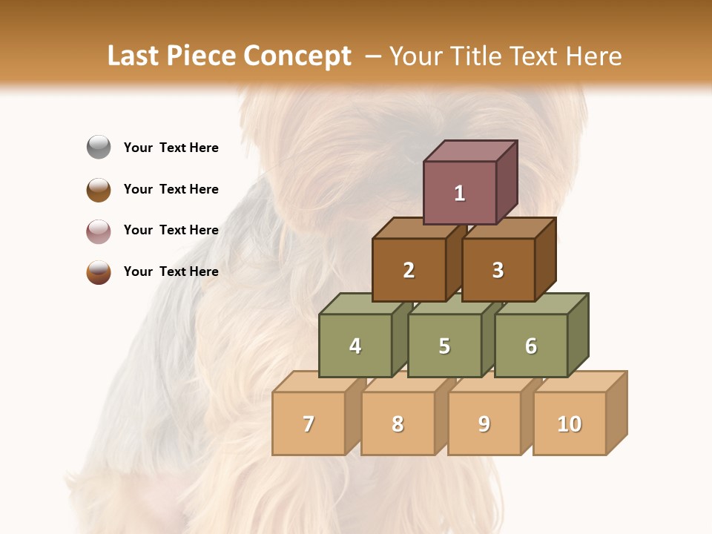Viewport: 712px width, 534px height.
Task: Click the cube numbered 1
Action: click(460, 193)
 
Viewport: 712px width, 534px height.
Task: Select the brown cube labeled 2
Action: click(409, 270)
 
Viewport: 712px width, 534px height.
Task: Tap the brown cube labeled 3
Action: click(498, 270)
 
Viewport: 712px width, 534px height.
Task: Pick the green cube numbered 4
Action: click(355, 346)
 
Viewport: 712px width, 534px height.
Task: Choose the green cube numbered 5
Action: click(444, 346)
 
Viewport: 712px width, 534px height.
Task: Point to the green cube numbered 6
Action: click(531, 346)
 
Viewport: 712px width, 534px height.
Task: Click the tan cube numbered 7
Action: click(309, 423)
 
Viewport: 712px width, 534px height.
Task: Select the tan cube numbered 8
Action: click(398, 423)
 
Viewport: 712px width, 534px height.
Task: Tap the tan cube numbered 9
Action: click(484, 423)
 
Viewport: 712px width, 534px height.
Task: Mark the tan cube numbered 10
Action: click(570, 423)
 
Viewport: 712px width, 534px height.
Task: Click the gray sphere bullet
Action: click(99, 148)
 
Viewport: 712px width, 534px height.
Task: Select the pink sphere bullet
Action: click(99, 231)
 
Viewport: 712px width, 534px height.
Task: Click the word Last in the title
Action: click(134, 56)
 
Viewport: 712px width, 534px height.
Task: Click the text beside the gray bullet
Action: click(171, 148)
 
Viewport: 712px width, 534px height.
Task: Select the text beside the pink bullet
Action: click(171, 230)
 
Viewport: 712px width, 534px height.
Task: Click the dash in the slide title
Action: click(374, 56)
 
